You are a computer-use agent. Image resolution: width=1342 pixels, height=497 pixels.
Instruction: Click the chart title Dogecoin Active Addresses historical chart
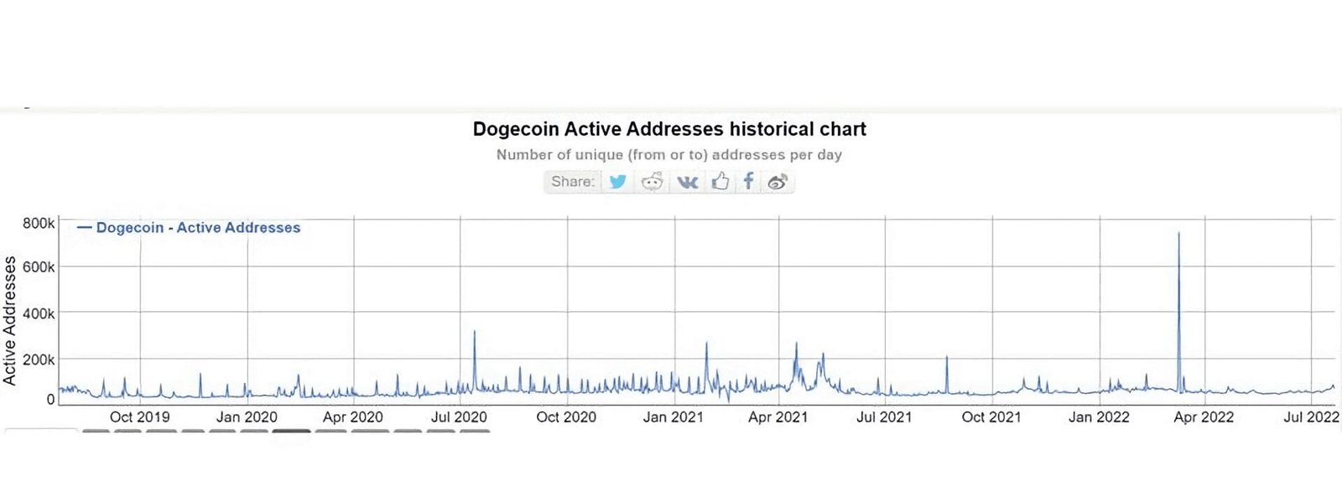pos(668,129)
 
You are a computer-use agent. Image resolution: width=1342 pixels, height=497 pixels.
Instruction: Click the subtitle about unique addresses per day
pos(668,155)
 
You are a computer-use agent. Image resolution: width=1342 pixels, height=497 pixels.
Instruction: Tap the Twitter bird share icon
pos(618,181)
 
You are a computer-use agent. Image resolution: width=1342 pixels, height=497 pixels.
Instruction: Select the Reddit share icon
pos(652,181)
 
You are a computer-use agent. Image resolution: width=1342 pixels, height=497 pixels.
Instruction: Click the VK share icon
pos(687,181)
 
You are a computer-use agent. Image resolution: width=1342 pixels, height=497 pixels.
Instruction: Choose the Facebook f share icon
pos(748,181)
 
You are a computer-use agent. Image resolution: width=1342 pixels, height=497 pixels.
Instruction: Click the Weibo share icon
pos(778,181)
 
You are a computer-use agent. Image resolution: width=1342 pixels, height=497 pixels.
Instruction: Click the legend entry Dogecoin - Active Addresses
pos(197,227)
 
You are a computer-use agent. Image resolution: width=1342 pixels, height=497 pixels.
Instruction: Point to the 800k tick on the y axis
pos(39,223)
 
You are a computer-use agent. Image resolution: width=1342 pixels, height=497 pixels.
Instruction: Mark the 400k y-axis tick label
pos(39,313)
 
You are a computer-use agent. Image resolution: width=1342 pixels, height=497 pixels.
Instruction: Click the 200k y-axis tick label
pos(39,360)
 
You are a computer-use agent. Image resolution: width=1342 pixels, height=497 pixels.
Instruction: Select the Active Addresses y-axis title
pos(10,320)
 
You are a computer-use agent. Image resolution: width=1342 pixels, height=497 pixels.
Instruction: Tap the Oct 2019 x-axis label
pos(139,417)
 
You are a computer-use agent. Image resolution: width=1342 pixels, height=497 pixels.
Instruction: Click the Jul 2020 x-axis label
pos(459,417)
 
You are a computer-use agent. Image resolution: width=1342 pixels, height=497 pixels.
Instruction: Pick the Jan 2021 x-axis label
pos(673,417)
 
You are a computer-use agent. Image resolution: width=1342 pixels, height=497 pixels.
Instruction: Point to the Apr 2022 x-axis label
pos(1204,417)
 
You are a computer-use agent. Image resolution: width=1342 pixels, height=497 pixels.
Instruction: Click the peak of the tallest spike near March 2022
pos(1178,233)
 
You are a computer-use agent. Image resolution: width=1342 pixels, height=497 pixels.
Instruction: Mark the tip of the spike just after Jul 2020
pos(475,332)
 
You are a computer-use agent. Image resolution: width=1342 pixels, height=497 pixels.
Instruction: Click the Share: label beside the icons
pos(573,181)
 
